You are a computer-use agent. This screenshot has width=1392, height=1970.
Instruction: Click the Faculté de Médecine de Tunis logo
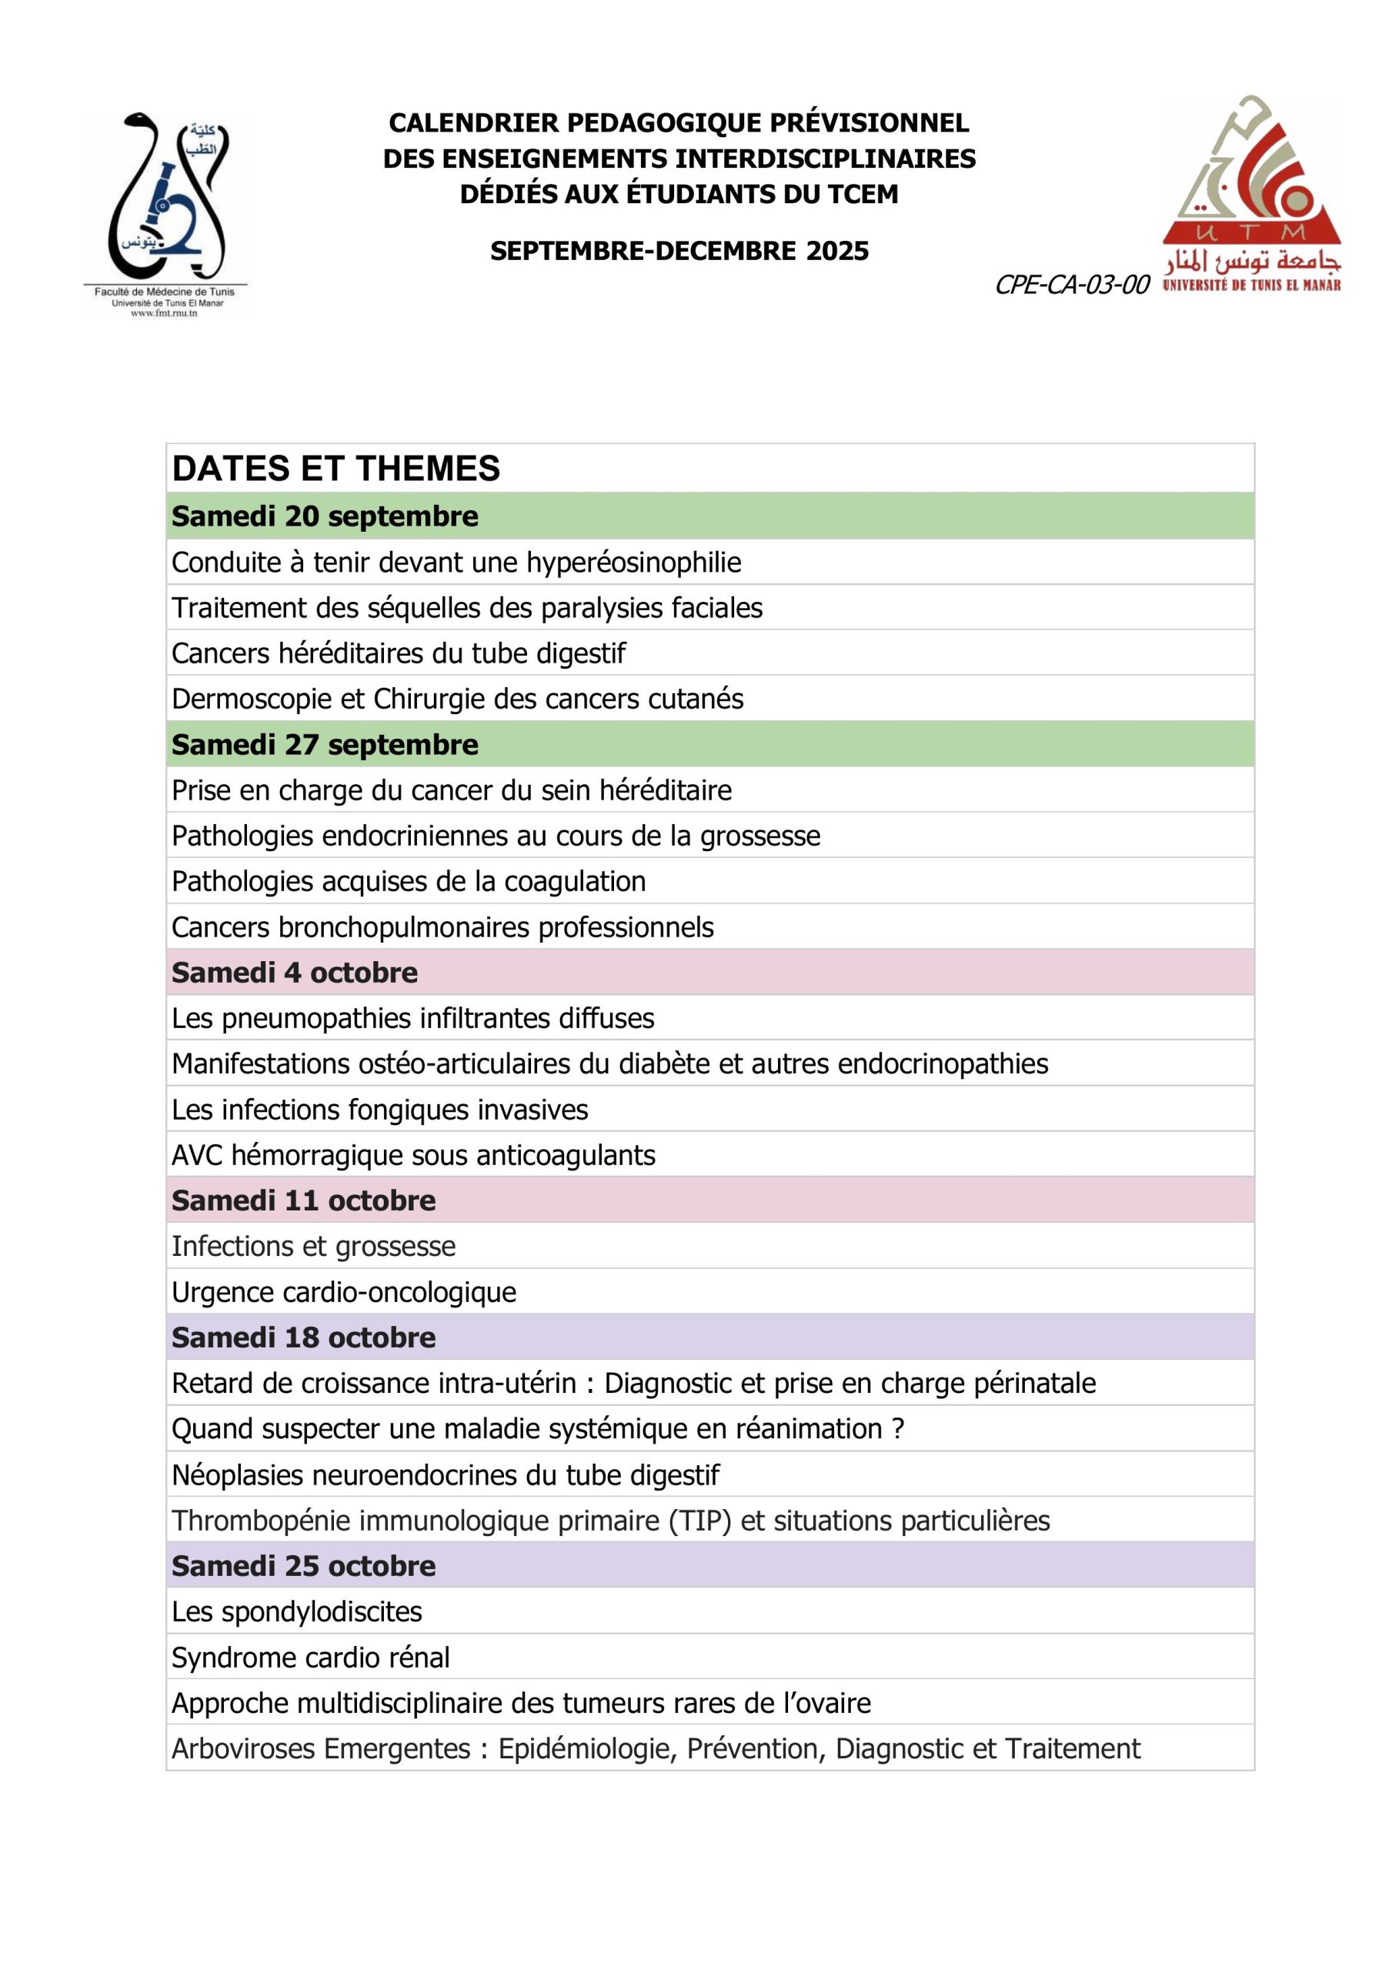tap(166, 214)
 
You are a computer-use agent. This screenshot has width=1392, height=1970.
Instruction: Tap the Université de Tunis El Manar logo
tap(1251, 196)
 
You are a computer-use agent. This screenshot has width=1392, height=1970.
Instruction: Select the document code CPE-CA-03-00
tap(1071, 285)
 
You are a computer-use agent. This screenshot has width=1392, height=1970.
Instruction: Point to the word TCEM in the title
tap(863, 195)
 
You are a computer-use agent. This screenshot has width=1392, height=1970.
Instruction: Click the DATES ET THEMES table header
tap(335, 469)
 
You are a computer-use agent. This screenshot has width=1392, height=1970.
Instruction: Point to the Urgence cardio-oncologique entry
tap(344, 1292)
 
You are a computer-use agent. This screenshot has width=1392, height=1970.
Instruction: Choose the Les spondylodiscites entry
tap(297, 1611)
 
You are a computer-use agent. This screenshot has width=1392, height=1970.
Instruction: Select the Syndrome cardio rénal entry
tap(311, 1658)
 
